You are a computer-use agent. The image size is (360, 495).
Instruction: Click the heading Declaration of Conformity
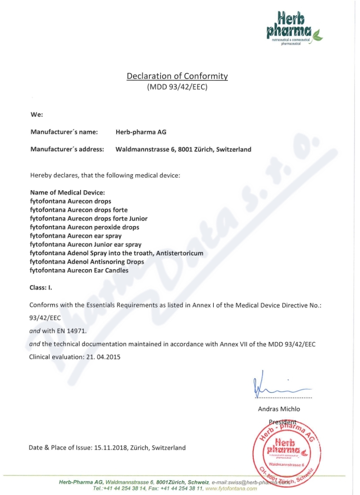pos(177,76)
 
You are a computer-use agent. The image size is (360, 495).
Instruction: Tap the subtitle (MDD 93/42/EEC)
pos(177,88)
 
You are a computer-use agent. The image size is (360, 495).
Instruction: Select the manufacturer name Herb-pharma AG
pos(141,132)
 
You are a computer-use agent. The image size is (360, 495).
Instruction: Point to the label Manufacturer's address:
pos(67,149)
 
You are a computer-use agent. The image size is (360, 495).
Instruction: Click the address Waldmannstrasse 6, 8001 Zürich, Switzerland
pos(183,149)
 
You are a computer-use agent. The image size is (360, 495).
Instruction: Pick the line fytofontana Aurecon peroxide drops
pos(85,227)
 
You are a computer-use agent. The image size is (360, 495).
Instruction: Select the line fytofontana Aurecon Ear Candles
pos(79,270)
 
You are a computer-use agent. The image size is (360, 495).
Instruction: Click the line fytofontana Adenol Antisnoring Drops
pos(87,262)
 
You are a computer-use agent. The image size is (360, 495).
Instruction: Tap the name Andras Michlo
pos(279,409)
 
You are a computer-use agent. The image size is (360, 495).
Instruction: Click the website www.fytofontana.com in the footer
pos(231,488)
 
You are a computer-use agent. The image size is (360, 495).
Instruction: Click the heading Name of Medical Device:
pos(67,193)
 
